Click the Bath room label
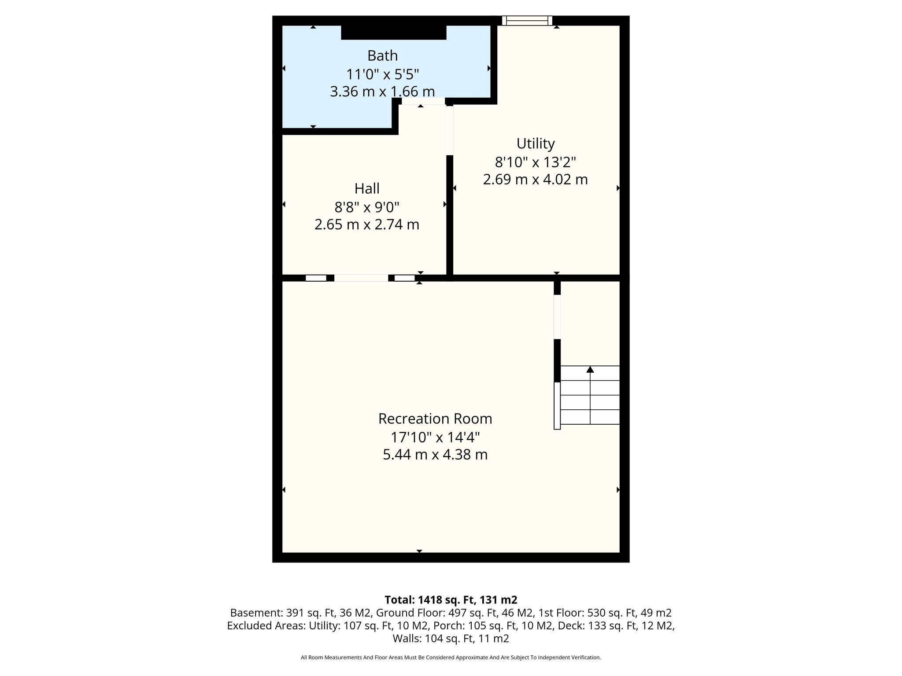tap(382, 56)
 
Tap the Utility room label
tap(535, 144)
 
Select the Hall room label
tap(367, 189)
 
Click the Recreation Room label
tap(435, 419)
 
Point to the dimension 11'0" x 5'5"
tap(382, 74)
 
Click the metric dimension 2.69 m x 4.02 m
tap(535, 180)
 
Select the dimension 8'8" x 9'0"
tap(367, 207)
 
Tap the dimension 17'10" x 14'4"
tap(435, 437)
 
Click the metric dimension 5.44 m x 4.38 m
tap(435, 455)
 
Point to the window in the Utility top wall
tap(527, 21)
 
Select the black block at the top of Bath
tap(394, 33)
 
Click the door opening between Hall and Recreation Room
tap(361, 278)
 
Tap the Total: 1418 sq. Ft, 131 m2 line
tap(451, 600)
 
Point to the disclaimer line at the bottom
tap(451, 658)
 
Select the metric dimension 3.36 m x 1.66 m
tap(382, 92)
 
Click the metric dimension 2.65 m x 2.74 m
tap(367, 225)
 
